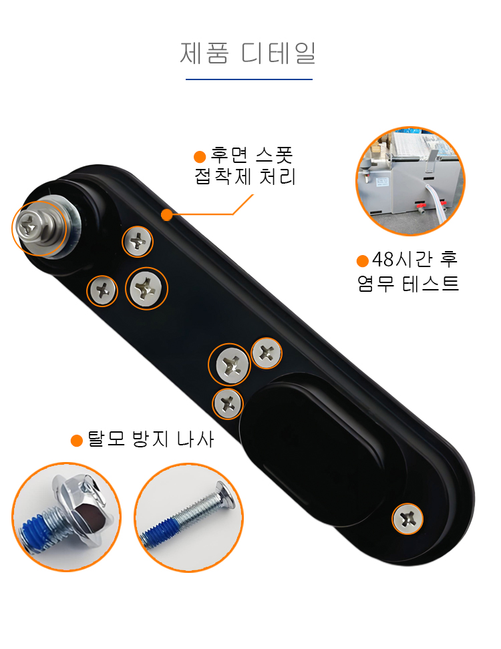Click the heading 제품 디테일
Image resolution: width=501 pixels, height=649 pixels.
248,53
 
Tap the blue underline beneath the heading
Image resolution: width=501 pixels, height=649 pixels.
249,79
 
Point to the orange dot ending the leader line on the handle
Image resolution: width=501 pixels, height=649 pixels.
167,214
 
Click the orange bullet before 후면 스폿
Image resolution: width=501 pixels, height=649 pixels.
200,156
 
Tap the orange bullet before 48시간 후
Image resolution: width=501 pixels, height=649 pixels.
363,261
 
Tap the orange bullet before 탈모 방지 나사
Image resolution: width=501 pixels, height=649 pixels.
77,441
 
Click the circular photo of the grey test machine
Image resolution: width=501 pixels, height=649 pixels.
410,181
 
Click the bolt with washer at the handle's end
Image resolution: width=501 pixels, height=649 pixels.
40,228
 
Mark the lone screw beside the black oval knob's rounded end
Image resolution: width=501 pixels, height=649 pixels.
407,519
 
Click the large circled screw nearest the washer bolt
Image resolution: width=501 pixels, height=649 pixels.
146,288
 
